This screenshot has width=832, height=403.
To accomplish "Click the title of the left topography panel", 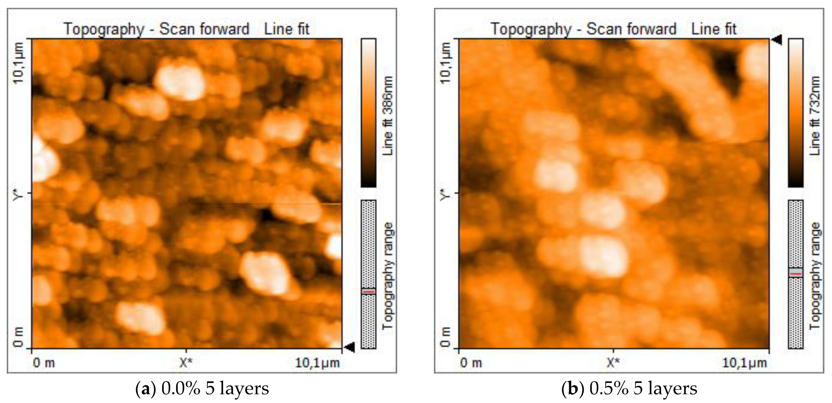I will (x=186, y=29).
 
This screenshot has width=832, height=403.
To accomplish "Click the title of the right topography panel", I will (x=613, y=29).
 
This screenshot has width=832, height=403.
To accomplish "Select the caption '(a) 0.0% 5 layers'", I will (x=202, y=388).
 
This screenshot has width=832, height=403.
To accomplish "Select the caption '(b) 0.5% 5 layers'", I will (x=629, y=388).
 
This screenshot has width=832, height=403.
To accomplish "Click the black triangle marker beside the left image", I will (x=350, y=348).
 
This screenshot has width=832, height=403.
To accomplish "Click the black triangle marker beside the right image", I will (x=777, y=40).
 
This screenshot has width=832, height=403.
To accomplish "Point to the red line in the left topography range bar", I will (x=369, y=292).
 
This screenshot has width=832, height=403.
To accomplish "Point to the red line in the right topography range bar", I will (x=796, y=274).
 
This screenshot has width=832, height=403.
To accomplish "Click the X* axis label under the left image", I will (x=186, y=363).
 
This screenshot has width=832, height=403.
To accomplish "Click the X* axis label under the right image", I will (x=613, y=363).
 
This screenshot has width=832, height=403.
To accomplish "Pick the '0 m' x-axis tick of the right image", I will (x=471, y=363).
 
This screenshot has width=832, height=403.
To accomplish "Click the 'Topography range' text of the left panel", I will (x=387, y=276).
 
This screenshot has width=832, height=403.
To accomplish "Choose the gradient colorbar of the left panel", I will (x=369, y=113).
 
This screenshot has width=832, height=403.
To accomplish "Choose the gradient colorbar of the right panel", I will (x=796, y=113).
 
